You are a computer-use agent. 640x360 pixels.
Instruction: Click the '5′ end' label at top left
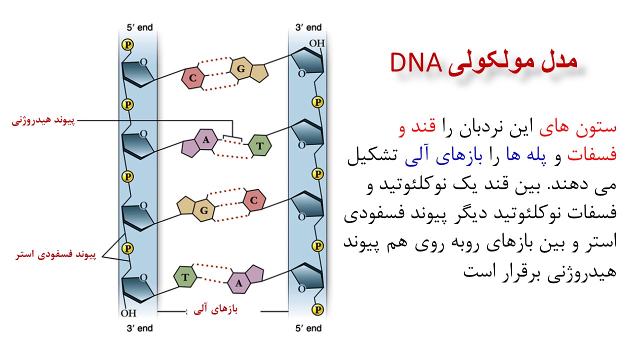pos(139,27)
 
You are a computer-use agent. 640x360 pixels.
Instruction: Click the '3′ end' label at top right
pos(308,27)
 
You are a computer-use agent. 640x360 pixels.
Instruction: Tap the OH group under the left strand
pos(128,313)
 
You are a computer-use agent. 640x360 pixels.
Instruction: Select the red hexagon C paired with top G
pos(193,77)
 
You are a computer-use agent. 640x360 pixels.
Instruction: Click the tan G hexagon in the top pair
pos(241,68)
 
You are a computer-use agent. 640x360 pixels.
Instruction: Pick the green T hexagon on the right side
pos(259,145)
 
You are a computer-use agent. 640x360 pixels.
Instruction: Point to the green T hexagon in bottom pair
pos(185,277)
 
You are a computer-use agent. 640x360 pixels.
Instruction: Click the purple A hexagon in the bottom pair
pos(239,283)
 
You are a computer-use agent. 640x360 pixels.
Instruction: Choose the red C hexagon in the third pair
pos(254,200)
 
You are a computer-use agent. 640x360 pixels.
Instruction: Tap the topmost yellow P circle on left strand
pos(127,44)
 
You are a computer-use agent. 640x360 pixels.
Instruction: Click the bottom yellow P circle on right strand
pos(317,309)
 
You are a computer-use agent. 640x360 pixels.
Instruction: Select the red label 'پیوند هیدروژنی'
pos(43,120)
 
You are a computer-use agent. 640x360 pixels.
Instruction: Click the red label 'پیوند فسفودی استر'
pos(56,254)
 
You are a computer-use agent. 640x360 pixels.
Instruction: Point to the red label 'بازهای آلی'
pos(215,309)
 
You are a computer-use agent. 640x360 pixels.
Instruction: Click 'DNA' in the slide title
pos(416,63)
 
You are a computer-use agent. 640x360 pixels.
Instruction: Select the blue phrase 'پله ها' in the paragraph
pos(525,155)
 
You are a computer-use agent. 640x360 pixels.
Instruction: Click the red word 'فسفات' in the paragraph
pos(592,154)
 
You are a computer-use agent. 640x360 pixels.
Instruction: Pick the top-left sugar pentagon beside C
pos(137,73)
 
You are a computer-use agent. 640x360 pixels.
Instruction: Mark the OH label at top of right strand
pos(317,43)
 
